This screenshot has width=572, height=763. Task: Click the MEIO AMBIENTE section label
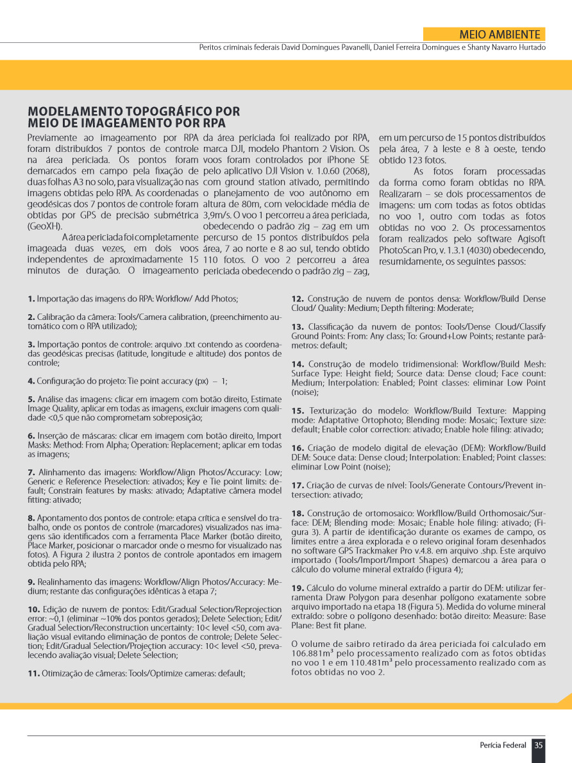click(x=500, y=35)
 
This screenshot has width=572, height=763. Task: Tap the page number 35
click(x=539, y=745)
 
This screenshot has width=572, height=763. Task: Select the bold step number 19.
click(x=298, y=588)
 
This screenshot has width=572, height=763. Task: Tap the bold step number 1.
click(x=31, y=299)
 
